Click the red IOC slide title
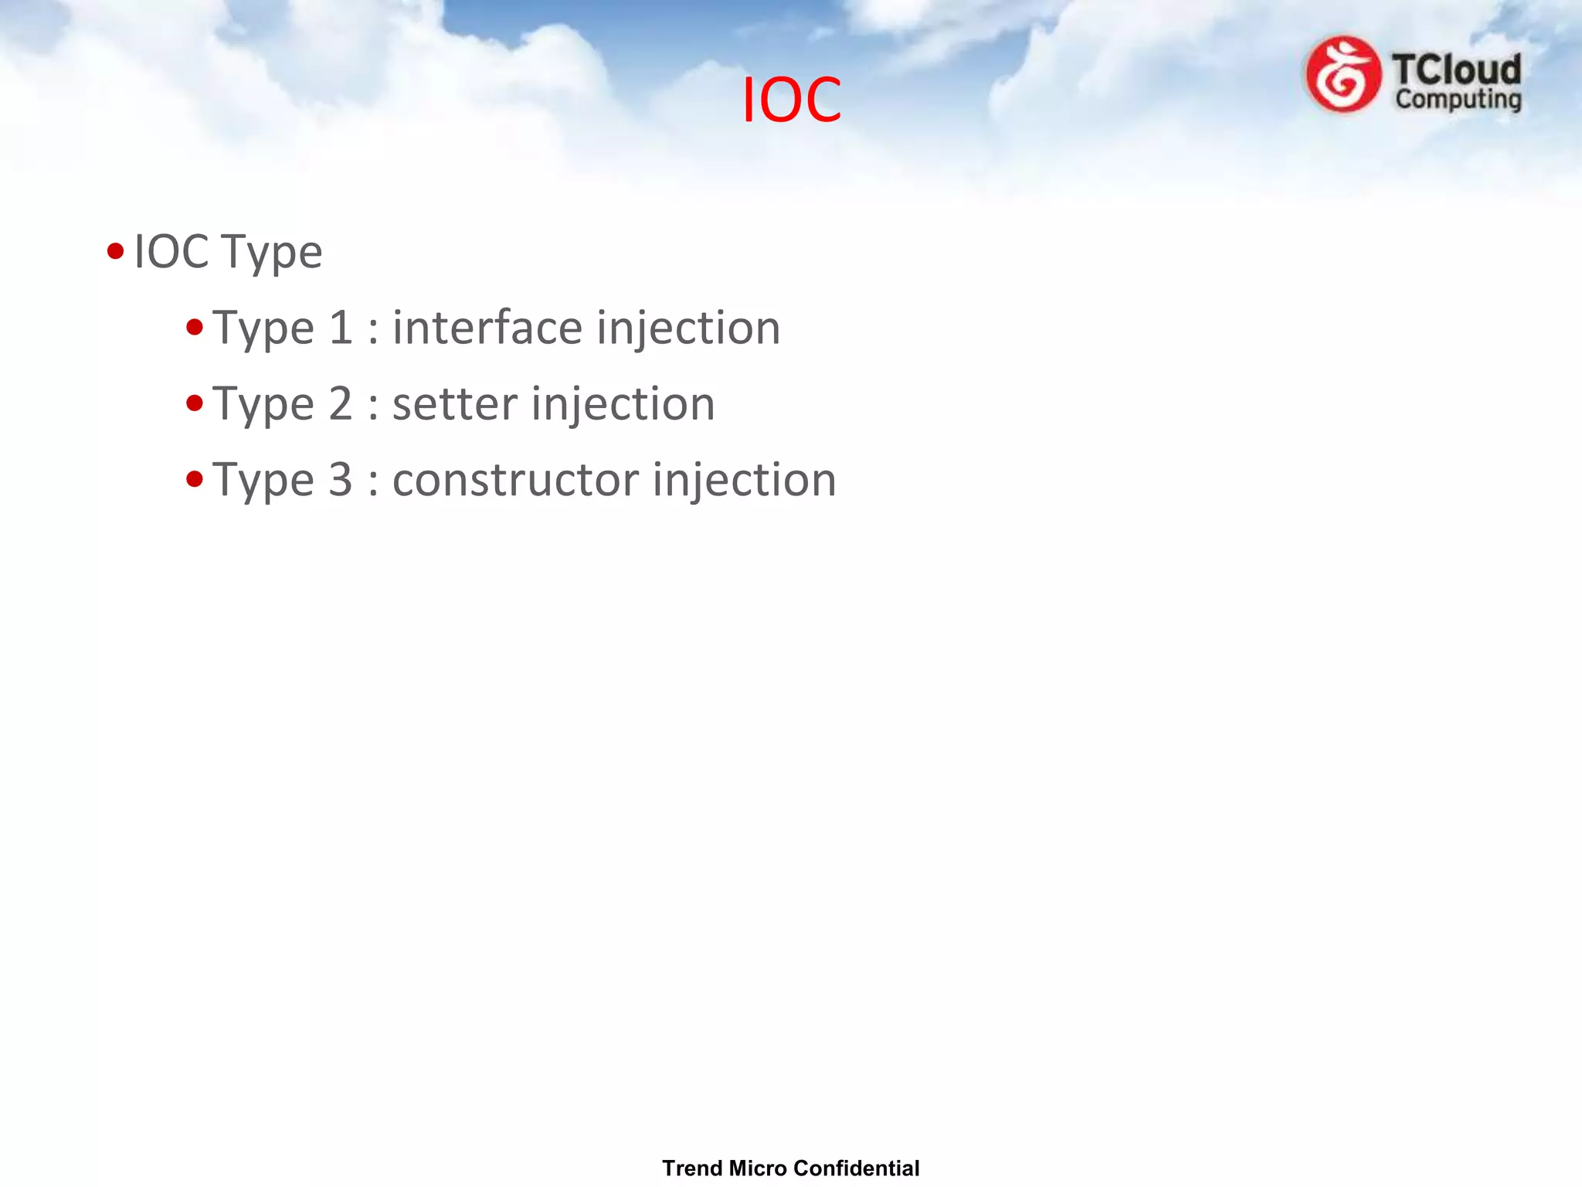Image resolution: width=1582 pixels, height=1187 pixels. (x=791, y=100)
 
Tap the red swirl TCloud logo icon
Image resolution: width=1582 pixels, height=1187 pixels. (x=1343, y=75)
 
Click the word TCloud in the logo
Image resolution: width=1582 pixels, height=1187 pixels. (x=1456, y=70)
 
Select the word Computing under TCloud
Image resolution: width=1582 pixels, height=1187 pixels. (x=1458, y=100)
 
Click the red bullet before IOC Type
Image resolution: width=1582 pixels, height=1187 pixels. (x=116, y=251)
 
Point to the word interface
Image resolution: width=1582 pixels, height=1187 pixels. (x=487, y=328)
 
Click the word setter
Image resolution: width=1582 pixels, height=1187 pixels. (x=454, y=404)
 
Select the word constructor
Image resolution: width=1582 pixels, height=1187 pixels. (x=514, y=480)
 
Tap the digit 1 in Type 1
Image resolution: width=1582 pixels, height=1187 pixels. (x=340, y=328)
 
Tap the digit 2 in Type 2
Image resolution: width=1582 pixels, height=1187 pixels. (x=340, y=404)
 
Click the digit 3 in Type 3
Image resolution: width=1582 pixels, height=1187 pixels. (x=340, y=480)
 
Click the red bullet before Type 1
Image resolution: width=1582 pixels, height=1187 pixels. (x=195, y=328)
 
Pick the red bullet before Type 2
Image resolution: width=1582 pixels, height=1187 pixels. (x=195, y=403)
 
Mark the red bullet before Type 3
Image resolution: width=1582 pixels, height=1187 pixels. (x=195, y=479)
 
